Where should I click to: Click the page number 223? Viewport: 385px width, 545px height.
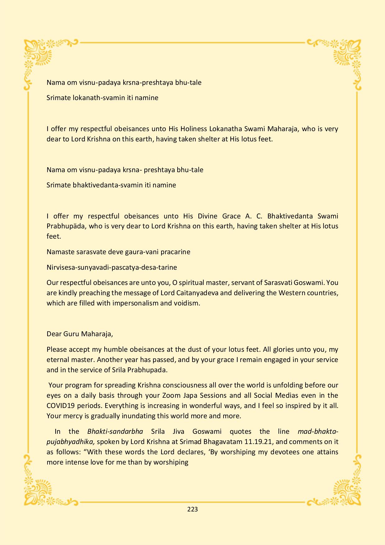click(192, 509)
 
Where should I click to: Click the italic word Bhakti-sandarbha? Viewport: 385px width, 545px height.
click(115, 431)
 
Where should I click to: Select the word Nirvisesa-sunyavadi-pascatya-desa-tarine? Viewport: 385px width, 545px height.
click(112, 267)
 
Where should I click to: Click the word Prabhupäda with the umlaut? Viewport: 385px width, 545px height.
click(66, 226)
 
